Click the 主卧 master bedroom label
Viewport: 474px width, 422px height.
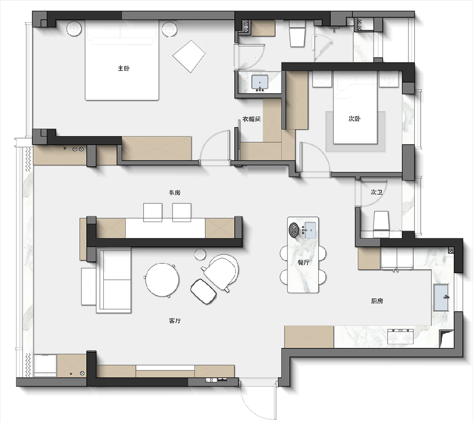pos(124,68)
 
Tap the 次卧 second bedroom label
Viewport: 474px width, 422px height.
pos(354,119)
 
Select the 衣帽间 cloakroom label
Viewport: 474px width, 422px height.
pos(251,119)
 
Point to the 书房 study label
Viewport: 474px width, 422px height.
pos(174,192)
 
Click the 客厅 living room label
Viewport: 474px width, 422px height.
pos(175,321)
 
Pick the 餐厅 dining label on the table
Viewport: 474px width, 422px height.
pos(303,262)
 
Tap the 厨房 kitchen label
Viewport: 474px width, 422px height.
pos(377,301)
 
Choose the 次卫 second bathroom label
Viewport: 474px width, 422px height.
pos(377,192)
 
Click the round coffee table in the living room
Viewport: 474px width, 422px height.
pos(162,280)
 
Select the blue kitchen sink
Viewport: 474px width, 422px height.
pos(441,297)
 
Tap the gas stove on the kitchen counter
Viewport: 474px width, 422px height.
pos(401,336)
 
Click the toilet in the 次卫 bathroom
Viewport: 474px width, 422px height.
pos(381,224)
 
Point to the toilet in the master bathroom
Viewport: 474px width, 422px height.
pos(297,34)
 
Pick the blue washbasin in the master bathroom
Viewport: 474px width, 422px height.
pos(260,82)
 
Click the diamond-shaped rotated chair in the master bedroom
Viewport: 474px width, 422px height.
pos(189,56)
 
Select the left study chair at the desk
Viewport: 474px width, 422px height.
pos(153,212)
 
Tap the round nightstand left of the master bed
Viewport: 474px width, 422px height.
pos(74,29)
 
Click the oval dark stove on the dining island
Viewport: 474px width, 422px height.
pos(293,230)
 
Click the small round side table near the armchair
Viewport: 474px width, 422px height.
pos(201,254)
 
